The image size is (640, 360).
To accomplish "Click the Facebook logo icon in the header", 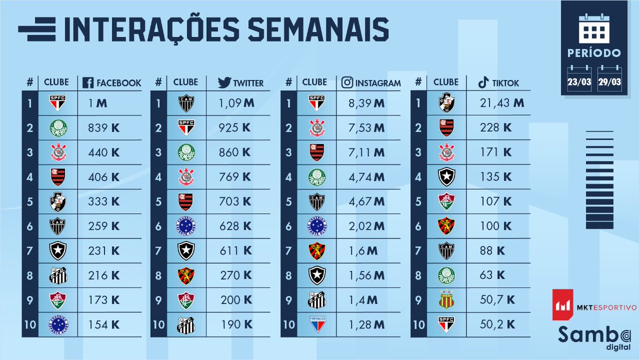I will (88, 83).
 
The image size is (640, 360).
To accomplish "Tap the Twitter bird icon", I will (224, 83).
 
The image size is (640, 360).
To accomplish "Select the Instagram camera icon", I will (348, 83).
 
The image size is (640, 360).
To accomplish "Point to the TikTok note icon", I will (483, 83).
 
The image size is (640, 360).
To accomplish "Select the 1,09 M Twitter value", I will (237, 103).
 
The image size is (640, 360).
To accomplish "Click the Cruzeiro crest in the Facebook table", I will (57, 324).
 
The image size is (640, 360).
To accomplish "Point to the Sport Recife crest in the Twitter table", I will (186, 275).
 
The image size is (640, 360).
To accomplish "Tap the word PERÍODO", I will (594, 53).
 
